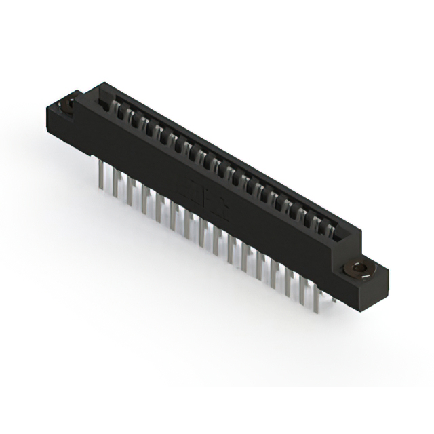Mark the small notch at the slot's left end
click(x=104, y=104)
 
